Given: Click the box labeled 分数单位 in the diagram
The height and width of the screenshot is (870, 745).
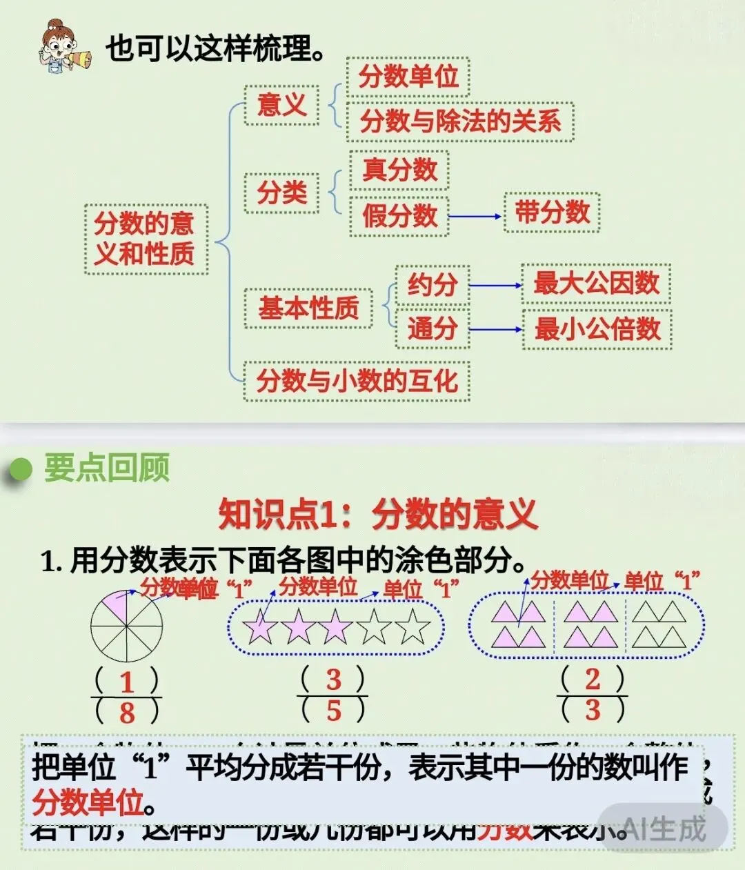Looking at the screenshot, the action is [x=408, y=77].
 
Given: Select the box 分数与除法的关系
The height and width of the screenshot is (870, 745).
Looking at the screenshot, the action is [x=460, y=122].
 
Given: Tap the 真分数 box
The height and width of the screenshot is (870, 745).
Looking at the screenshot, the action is [x=399, y=170].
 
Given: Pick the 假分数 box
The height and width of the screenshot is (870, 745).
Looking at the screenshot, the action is [x=399, y=216].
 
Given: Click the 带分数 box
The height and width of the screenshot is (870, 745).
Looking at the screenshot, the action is [x=552, y=212].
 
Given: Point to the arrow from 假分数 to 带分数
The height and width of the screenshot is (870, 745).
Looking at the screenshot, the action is [x=476, y=216].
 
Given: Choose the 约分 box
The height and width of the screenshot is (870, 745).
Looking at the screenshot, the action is [x=433, y=284].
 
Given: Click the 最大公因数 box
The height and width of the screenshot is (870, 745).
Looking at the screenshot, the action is [x=597, y=284].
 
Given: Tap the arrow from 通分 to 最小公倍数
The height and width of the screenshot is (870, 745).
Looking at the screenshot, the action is [x=496, y=329].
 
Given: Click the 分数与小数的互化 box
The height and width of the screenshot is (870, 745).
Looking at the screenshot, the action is [x=357, y=381].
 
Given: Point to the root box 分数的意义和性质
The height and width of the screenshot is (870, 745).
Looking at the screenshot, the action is [x=145, y=239].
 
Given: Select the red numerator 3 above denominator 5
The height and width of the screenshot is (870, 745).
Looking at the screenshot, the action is [x=334, y=680].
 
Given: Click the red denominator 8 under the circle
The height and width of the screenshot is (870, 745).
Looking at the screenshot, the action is [x=127, y=713].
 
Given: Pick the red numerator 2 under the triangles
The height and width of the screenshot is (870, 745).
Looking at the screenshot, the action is [x=593, y=679].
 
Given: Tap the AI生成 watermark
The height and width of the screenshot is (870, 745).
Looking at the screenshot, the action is [x=664, y=828].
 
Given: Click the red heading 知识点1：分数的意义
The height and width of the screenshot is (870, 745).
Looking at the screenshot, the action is [x=377, y=514].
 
